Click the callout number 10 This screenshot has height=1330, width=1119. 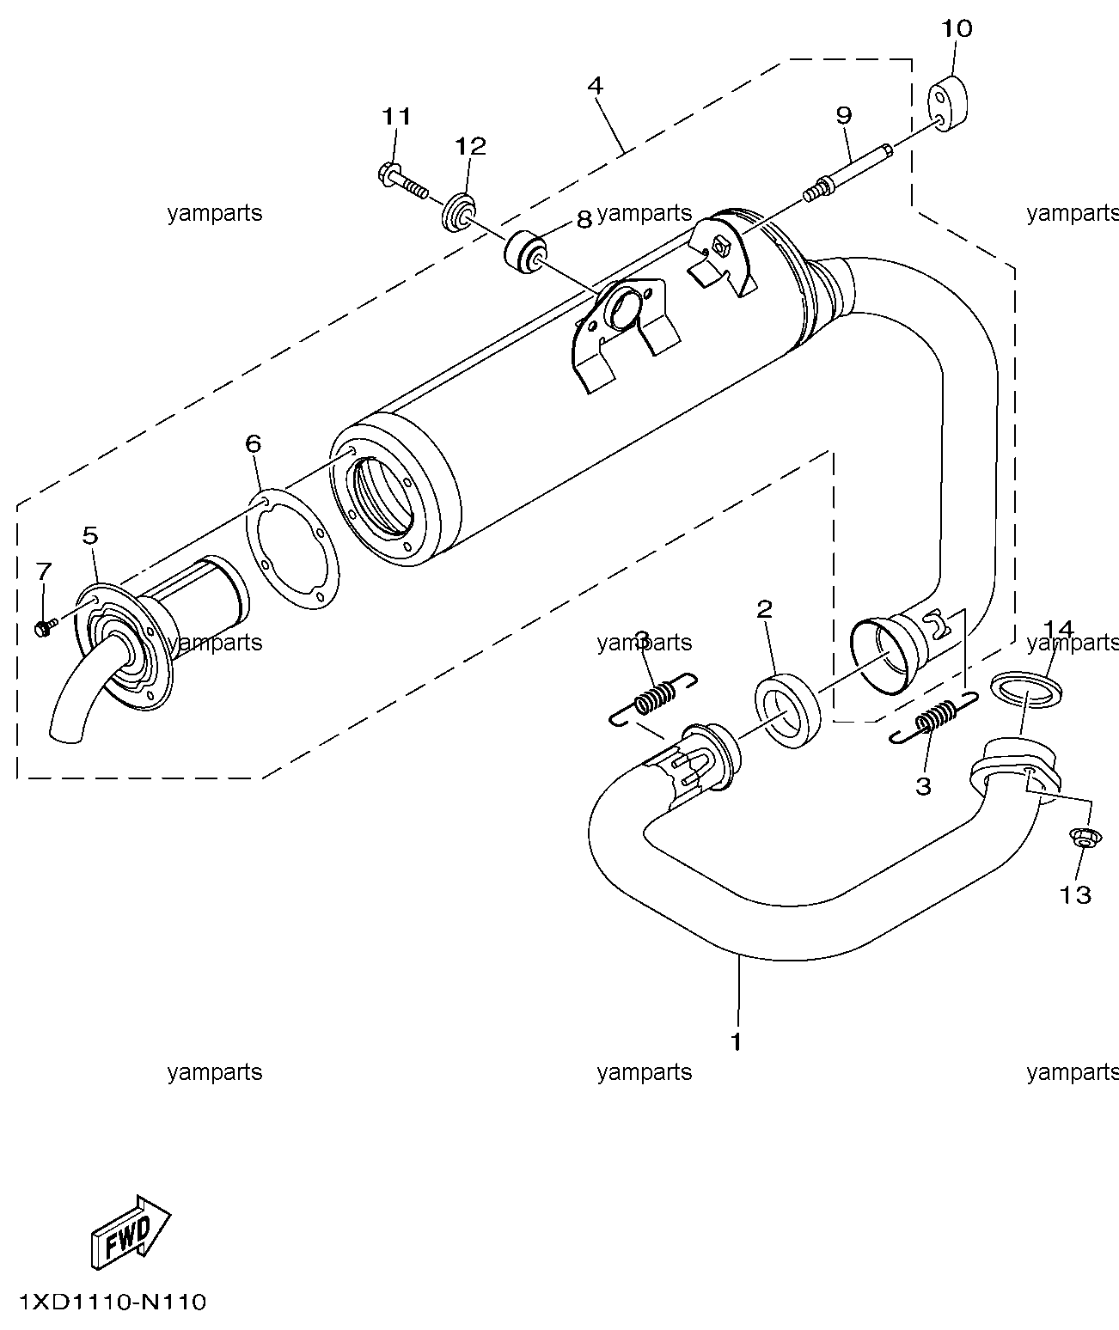pos(957,28)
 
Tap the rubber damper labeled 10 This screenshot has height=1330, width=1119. pos(947,104)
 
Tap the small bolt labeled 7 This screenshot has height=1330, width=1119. pos(46,627)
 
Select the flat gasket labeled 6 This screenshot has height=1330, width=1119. pos(292,548)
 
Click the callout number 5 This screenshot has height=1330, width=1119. pos(90,535)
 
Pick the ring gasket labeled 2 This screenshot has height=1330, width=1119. pos(787,710)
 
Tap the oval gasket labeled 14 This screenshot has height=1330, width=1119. pos(1026,689)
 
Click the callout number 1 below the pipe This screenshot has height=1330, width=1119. pos(736,1042)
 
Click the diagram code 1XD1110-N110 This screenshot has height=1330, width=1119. pos(113,1302)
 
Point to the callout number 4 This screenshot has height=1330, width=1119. pos(595,85)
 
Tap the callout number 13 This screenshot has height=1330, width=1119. pos(1075,895)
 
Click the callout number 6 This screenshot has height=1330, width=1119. pos(253,443)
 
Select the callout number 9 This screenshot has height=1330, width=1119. pos(843,115)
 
